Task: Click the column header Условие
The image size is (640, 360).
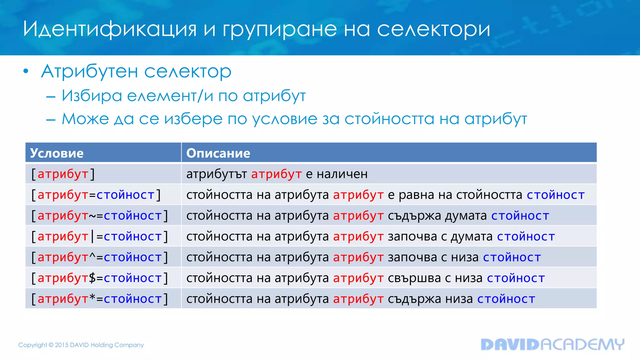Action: click(57, 153)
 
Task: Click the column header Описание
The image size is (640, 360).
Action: click(218, 153)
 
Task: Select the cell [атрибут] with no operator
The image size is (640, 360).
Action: click(63, 174)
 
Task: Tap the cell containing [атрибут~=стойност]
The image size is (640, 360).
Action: click(100, 216)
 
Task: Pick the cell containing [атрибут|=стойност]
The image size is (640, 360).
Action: click(100, 237)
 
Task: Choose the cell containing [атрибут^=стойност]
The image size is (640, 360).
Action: click(100, 257)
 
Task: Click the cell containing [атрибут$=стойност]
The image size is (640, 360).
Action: click(100, 278)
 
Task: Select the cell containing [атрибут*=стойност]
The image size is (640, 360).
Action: click(100, 299)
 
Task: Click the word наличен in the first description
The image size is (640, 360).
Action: click(342, 174)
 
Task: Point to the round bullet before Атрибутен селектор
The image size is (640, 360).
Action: click(26, 72)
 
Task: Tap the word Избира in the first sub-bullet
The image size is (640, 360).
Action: click(92, 96)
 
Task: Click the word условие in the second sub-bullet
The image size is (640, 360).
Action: click(285, 119)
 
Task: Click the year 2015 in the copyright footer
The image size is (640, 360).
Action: click(61, 345)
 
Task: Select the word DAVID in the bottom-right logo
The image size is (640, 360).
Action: click(510, 344)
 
